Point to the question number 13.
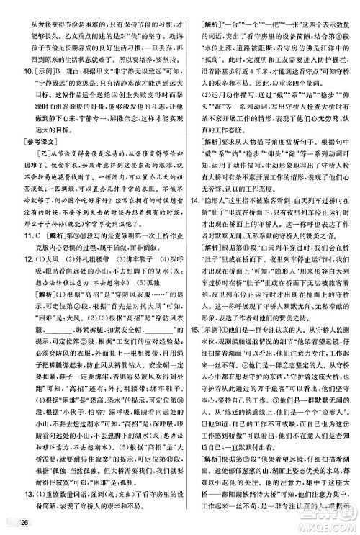pos(21,480)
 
